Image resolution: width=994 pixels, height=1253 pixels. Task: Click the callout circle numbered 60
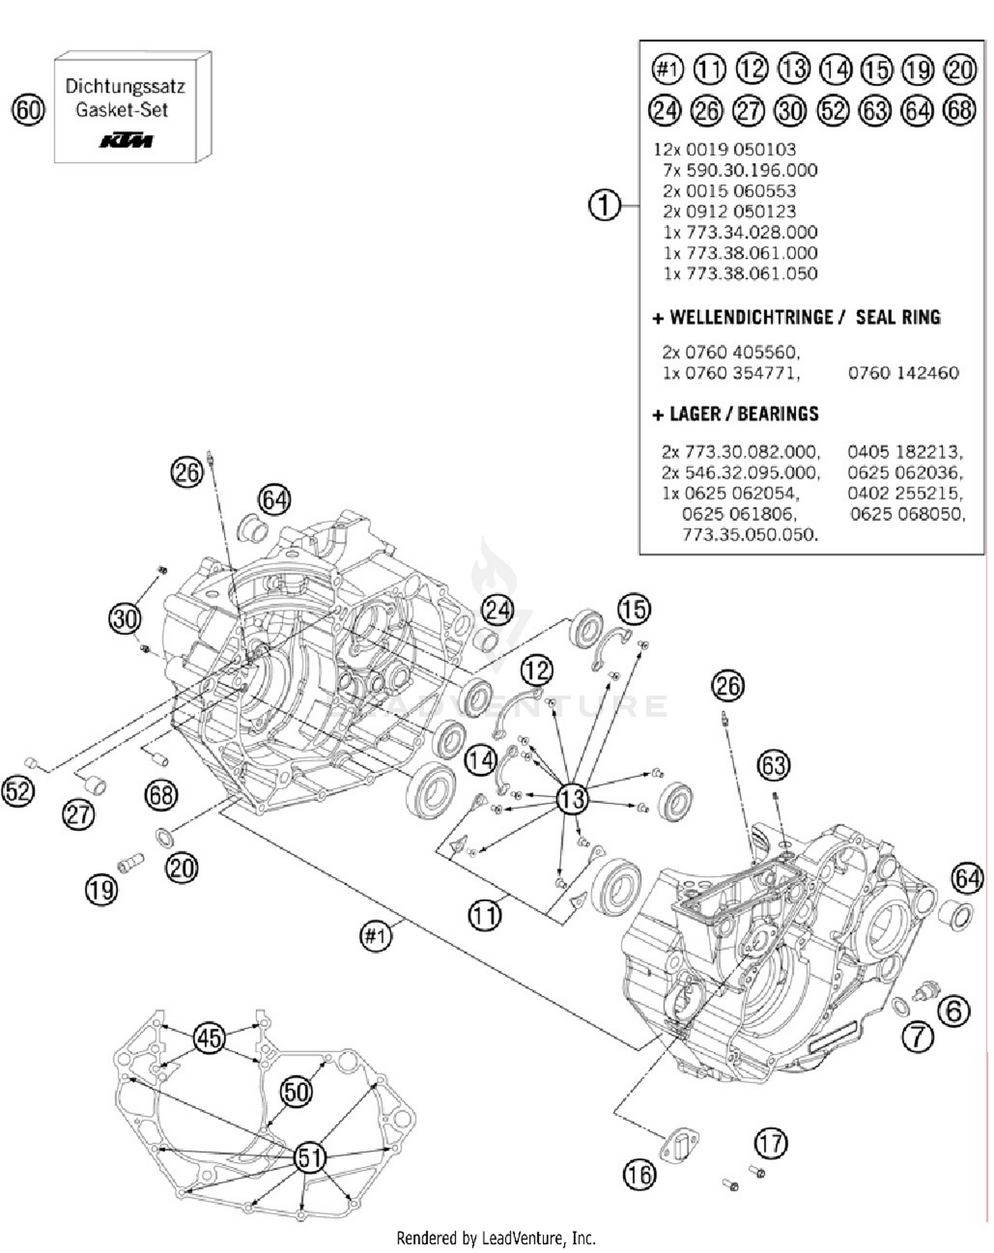pyautogui.click(x=28, y=110)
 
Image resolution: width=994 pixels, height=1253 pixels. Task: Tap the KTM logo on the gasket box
pyautogui.click(x=126, y=140)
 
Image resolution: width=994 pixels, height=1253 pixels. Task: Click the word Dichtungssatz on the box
pyautogui.click(x=125, y=86)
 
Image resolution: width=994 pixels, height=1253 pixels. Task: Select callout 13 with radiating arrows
pyautogui.click(x=572, y=798)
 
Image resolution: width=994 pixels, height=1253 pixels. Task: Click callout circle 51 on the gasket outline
pyautogui.click(x=309, y=1158)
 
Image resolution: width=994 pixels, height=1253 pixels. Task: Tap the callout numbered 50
pyautogui.click(x=296, y=1091)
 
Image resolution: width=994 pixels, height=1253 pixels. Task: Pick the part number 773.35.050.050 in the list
pyautogui.click(x=750, y=534)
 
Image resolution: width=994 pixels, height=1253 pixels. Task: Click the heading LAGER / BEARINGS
pyautogui.click(x=744, y=414)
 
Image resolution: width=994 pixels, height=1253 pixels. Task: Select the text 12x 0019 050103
pyautogui.click(x=724, y=149)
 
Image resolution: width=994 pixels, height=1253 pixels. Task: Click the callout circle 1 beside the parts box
pyautogui.click(x=604, y=205)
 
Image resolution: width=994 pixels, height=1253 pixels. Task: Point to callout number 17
pyautogui.click(x=771, y=1143)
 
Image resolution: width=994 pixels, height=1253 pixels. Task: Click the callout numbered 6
pyautogui.click(x=954, y=1011)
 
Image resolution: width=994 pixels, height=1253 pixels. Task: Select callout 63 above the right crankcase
pyautogui.click(x=773, y=765)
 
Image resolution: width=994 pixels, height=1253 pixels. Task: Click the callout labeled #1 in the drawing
pyautogui.click(x=376, y=936)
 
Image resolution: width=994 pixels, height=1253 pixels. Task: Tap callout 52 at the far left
pyautogui.click(x=18, y=791)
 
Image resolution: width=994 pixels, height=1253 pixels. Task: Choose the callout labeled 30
pyautogui.click(x=125, y=619)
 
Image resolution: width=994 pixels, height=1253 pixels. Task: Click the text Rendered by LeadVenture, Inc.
pyautogui.click(x=496, y=1237)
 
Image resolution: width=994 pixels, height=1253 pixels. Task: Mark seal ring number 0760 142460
pyautogui.click(x=903, y=373)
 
